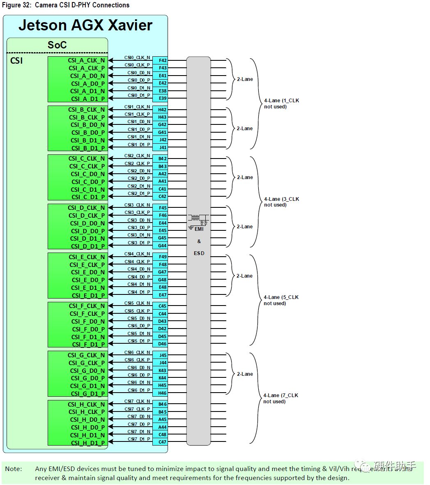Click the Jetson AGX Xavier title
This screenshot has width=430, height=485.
[x=85, y=25]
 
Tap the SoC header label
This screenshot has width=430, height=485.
[x=57, y=45]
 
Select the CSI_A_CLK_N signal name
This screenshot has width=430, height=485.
[x=86, y=60]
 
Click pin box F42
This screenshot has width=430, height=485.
[x=163, y=60]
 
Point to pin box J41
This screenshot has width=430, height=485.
[x=163, y=147]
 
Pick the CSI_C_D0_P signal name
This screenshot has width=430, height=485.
[x=87, y=182]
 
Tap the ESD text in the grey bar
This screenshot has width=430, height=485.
[x=199, y=253]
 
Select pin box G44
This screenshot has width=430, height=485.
[x=163, y=246]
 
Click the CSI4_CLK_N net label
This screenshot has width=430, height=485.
[x=137, y=254]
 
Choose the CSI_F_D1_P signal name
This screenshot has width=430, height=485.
[x=88, y=345]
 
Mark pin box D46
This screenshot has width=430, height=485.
[x=163, y=344]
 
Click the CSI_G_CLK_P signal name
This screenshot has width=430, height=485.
[x=86, y=363]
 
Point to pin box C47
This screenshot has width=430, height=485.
[x=163, y=442]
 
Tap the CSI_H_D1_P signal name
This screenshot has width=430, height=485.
[x=87, y=443]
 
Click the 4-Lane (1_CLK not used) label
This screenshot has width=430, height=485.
[x=281, y=103]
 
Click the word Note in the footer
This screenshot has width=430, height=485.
[x=14, y=469]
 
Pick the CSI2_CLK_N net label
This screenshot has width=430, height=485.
[x=137, y=156]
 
